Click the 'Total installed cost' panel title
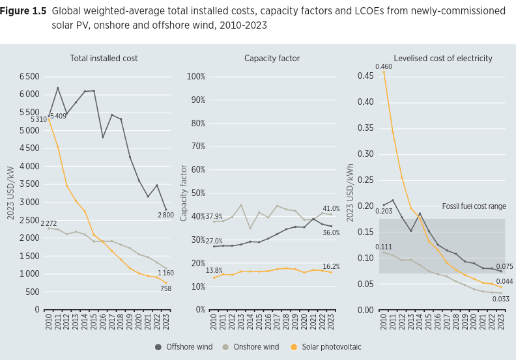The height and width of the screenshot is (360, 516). tap(104, 59)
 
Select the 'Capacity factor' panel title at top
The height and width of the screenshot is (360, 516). tap(272, 59)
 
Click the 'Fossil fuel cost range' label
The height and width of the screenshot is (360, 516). tap(474, 206)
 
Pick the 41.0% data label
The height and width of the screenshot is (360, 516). tap(330, 209)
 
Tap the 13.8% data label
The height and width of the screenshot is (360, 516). tap(214, 270)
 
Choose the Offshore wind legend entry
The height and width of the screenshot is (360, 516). tap(184, 347)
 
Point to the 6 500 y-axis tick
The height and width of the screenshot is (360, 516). tap(29, 77)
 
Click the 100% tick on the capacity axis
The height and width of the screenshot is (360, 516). tap(195, 77)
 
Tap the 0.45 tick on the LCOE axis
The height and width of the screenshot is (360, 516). tap(365, 76)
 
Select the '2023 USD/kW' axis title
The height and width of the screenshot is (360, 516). tap(11, 193)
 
